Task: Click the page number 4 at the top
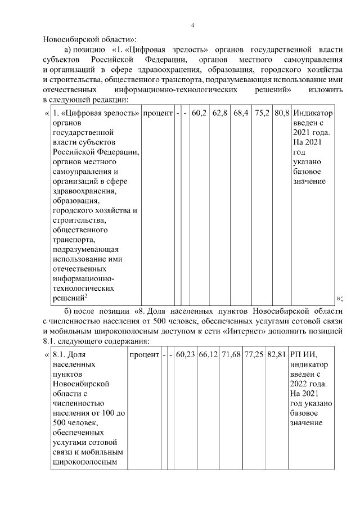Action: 192,25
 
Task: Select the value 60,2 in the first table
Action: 200,113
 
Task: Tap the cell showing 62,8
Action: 220,113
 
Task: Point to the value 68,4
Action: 241,113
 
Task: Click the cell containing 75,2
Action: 262,113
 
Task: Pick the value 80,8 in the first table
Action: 282,113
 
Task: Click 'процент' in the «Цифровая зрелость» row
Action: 157,113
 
